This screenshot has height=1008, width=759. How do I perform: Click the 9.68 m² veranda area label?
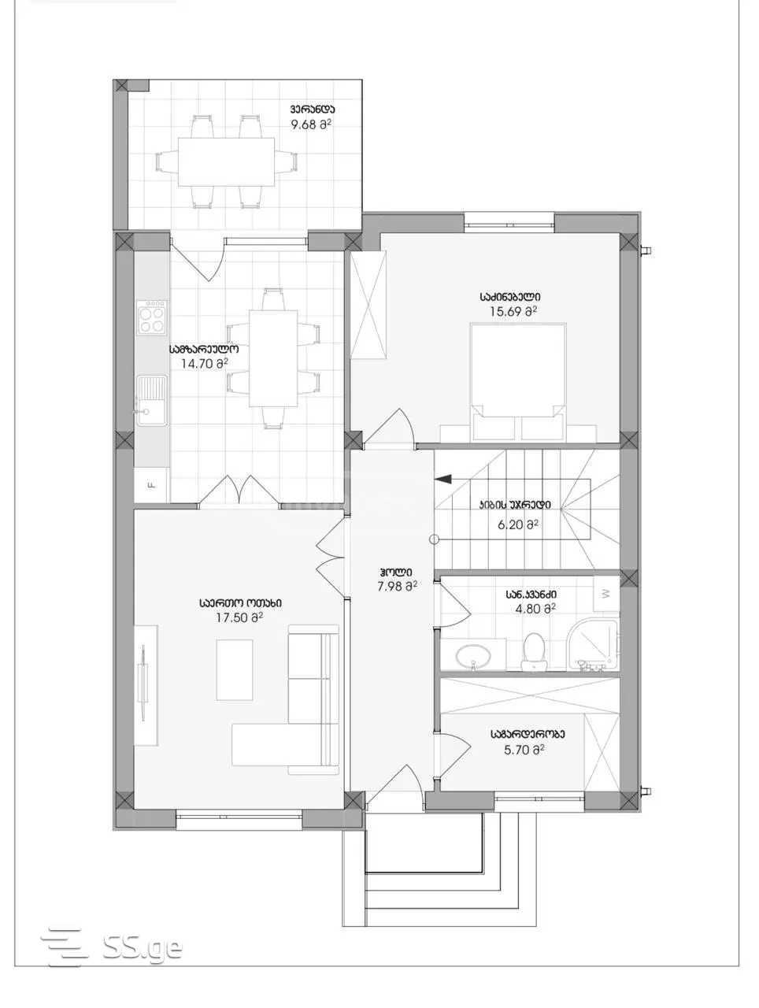pos(311,124)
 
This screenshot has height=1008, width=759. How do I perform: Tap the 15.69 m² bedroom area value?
pos(513,311)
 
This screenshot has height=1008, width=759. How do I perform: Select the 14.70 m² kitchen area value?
pos(204,364)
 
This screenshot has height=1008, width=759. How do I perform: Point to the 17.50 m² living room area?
pos(239,617)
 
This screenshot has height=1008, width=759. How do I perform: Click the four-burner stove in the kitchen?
pos(151,317)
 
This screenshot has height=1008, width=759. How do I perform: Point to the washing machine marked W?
pos(605,594)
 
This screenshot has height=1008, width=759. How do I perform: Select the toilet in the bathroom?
pos(534,651)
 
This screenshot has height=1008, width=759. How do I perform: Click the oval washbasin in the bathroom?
pos(473,656)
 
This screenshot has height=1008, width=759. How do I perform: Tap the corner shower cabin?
pos(593,645)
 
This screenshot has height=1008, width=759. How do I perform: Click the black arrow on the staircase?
pos(442,479)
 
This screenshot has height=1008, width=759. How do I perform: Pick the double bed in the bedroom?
pos(518,382)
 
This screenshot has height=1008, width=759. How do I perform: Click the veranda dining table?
pos(227,161)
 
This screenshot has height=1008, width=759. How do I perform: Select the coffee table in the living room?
pos(234,670)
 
